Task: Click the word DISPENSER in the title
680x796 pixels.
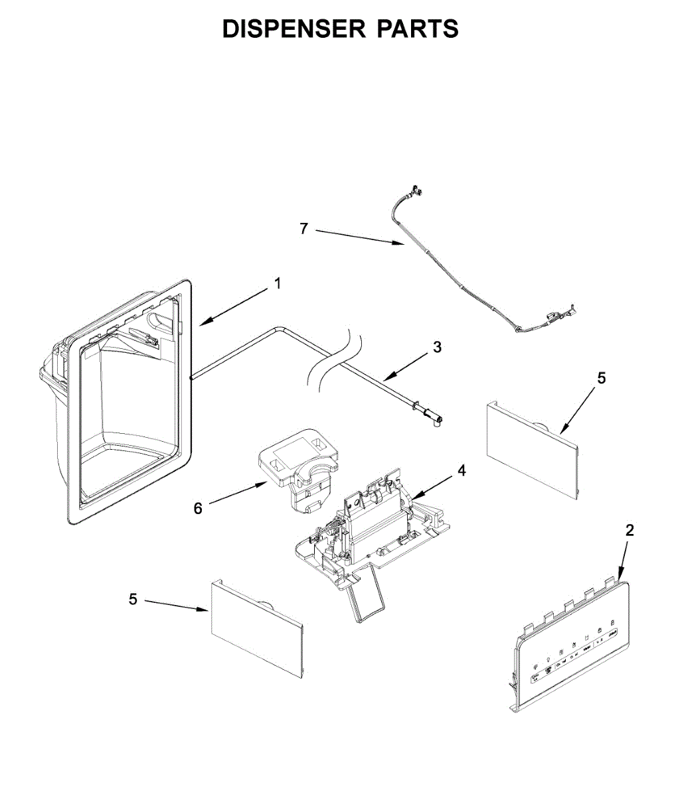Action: point(294,29)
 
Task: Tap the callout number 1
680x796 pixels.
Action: point(278,284)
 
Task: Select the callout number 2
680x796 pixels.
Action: point(630,530)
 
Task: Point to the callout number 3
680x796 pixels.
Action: point(436,346)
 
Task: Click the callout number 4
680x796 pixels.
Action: point(462,470)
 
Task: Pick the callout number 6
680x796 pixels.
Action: point(198,509)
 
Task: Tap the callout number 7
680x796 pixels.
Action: point(304,228)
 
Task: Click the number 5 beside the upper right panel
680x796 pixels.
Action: point(601,378)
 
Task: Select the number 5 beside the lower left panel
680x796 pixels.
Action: point(133,599)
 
